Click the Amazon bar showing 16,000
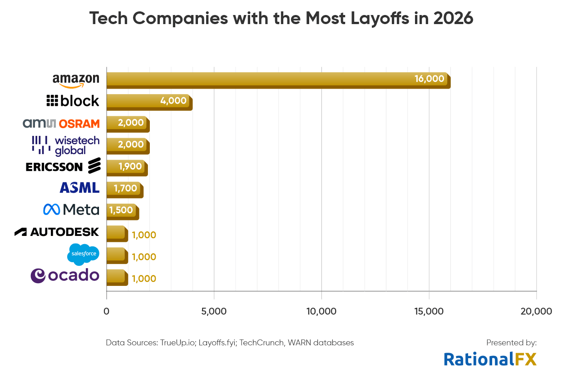coord(278,80)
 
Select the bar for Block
coord(149,101)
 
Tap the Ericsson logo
coord(63,166)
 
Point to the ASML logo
coord(79,188)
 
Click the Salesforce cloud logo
coord(83,254)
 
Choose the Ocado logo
coord(64,275)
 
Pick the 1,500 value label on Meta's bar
coord(121,210)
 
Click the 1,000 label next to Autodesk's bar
coord(144,235)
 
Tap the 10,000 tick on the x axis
coord(321,311)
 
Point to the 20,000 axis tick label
coord(536,311)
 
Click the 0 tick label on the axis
coord(107,311)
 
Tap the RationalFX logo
coord(490,359)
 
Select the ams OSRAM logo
coord(61,123)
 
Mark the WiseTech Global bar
coord(128,145)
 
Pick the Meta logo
coord(71,210)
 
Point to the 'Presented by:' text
coord(511,343)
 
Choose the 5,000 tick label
coord(214,311)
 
